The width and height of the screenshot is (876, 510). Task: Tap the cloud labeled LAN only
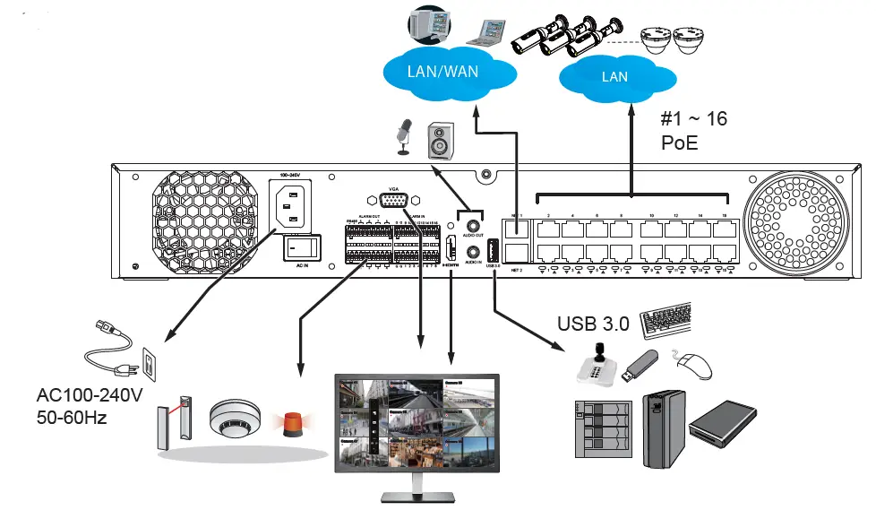coord(614,77)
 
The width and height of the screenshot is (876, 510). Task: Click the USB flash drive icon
coord(641,363)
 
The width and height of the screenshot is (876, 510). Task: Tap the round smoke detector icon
coord(234,419)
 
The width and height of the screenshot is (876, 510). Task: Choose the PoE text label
coord(679,143)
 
